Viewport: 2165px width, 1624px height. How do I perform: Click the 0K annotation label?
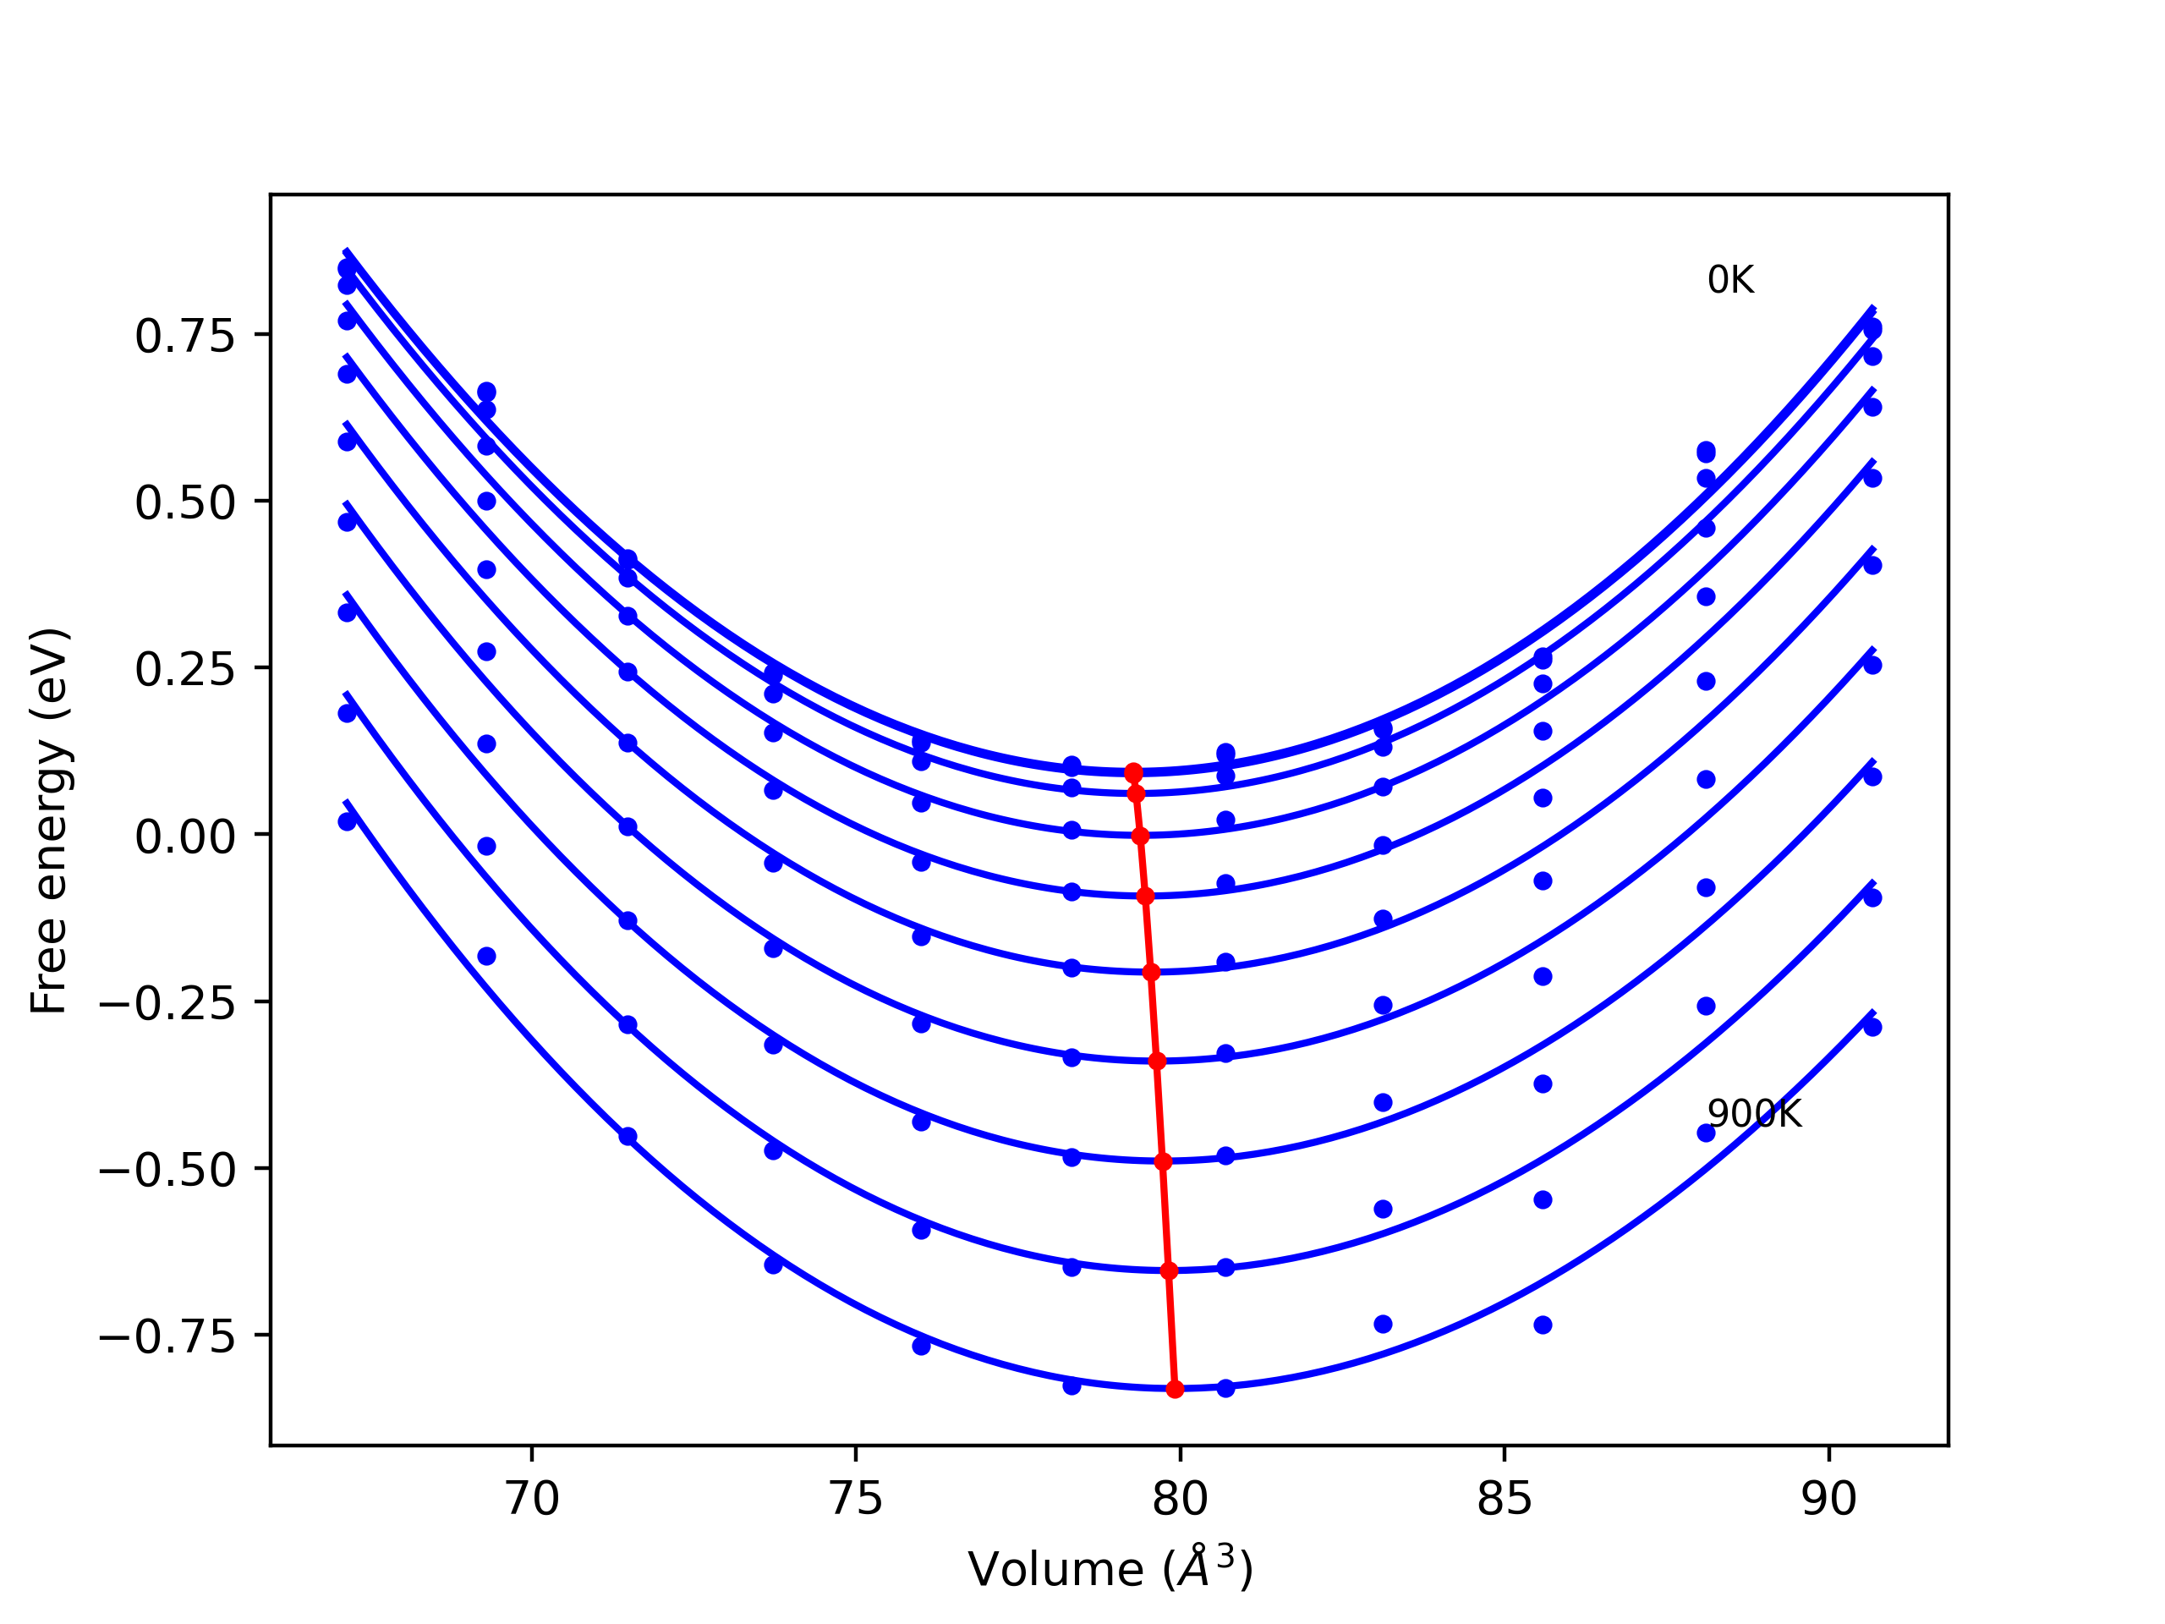tap(1729, 281)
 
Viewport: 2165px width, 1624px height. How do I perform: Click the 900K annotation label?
tap(1754, 1115)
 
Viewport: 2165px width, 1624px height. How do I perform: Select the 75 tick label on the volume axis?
tap(856, 1500)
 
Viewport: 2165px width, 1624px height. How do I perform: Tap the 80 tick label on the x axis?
tap(1180, 1500)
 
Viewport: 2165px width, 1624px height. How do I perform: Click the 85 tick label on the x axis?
tap(1505, 1500)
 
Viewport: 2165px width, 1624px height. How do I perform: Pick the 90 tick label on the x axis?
tap(1828, 1500)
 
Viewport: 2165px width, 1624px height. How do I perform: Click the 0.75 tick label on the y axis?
tap(185, 337)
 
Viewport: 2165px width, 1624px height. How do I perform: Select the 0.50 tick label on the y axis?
tap(185, 503)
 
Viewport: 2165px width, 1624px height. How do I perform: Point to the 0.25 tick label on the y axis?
tap(185, 671)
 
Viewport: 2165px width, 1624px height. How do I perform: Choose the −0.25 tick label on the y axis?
tap(167, 1004)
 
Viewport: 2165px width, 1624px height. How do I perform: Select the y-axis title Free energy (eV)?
tap(49, 820)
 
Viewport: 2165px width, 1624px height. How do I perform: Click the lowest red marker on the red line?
tap(1175, 1389)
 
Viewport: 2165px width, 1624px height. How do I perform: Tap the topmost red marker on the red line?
tap(1133, 772)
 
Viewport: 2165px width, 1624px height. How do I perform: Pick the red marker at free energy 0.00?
tap(1139, 836)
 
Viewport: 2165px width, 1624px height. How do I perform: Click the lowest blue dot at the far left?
tap(348, 821)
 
